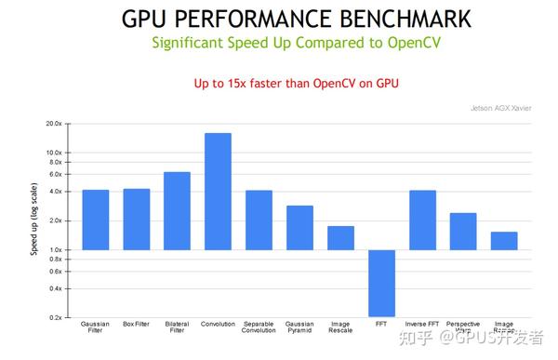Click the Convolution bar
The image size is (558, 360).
218,192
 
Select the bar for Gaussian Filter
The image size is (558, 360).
95,220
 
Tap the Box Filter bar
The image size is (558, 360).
136,220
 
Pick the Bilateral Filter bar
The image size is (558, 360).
177,211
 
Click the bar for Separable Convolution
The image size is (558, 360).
259,220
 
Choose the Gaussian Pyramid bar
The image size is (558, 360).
299,228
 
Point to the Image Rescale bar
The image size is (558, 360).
340,238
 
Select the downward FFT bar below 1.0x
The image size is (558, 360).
381,284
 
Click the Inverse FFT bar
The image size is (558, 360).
422,220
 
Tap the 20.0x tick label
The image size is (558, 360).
53,124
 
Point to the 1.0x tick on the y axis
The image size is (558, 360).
55,250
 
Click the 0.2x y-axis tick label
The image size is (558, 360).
55,318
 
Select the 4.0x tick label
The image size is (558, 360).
55,192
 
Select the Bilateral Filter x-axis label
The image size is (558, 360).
177,328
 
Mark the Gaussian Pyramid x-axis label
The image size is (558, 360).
299,328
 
